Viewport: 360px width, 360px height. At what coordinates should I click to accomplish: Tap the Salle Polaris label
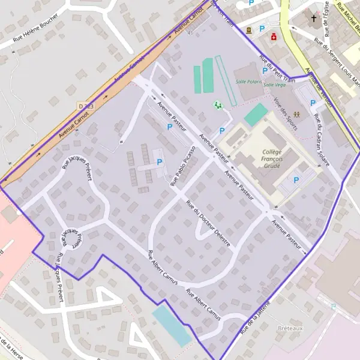249,80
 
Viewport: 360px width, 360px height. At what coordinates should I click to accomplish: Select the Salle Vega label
274,85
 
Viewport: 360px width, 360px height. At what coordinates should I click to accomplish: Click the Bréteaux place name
290,328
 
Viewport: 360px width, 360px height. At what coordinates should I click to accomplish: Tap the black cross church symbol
313,18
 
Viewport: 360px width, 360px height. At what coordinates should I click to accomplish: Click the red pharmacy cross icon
274,37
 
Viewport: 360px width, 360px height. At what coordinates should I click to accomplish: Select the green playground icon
218,105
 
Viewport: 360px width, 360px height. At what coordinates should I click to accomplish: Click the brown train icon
248,29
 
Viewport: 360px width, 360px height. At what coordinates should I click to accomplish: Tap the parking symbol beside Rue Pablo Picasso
159,162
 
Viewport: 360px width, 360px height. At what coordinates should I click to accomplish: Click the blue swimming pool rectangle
172,326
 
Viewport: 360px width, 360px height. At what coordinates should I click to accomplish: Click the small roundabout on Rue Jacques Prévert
74,239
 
